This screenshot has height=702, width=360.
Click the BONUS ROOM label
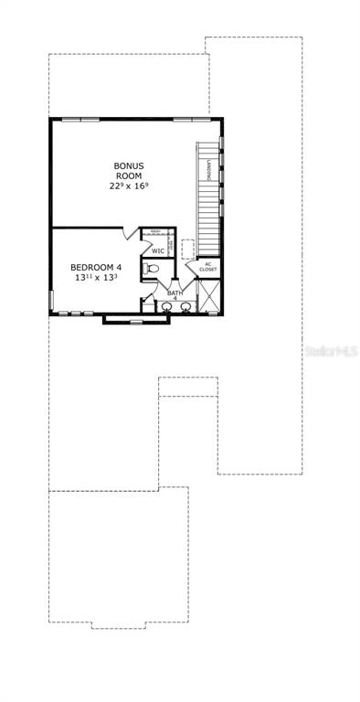point(129,171)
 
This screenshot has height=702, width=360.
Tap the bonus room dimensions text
point(129,186)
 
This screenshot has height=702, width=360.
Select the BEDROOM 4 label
point(96,268)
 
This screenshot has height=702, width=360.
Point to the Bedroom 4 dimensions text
point(96,280)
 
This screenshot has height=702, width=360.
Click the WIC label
point(158,250)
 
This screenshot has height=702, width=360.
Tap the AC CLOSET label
point(208,267)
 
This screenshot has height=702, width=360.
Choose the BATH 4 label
point(175,295)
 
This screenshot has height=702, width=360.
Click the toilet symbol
point(152,268)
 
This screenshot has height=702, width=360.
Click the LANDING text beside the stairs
point(210,169)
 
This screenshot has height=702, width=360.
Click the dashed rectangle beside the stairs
point(188,249)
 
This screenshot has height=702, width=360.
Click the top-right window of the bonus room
point(188,119)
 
